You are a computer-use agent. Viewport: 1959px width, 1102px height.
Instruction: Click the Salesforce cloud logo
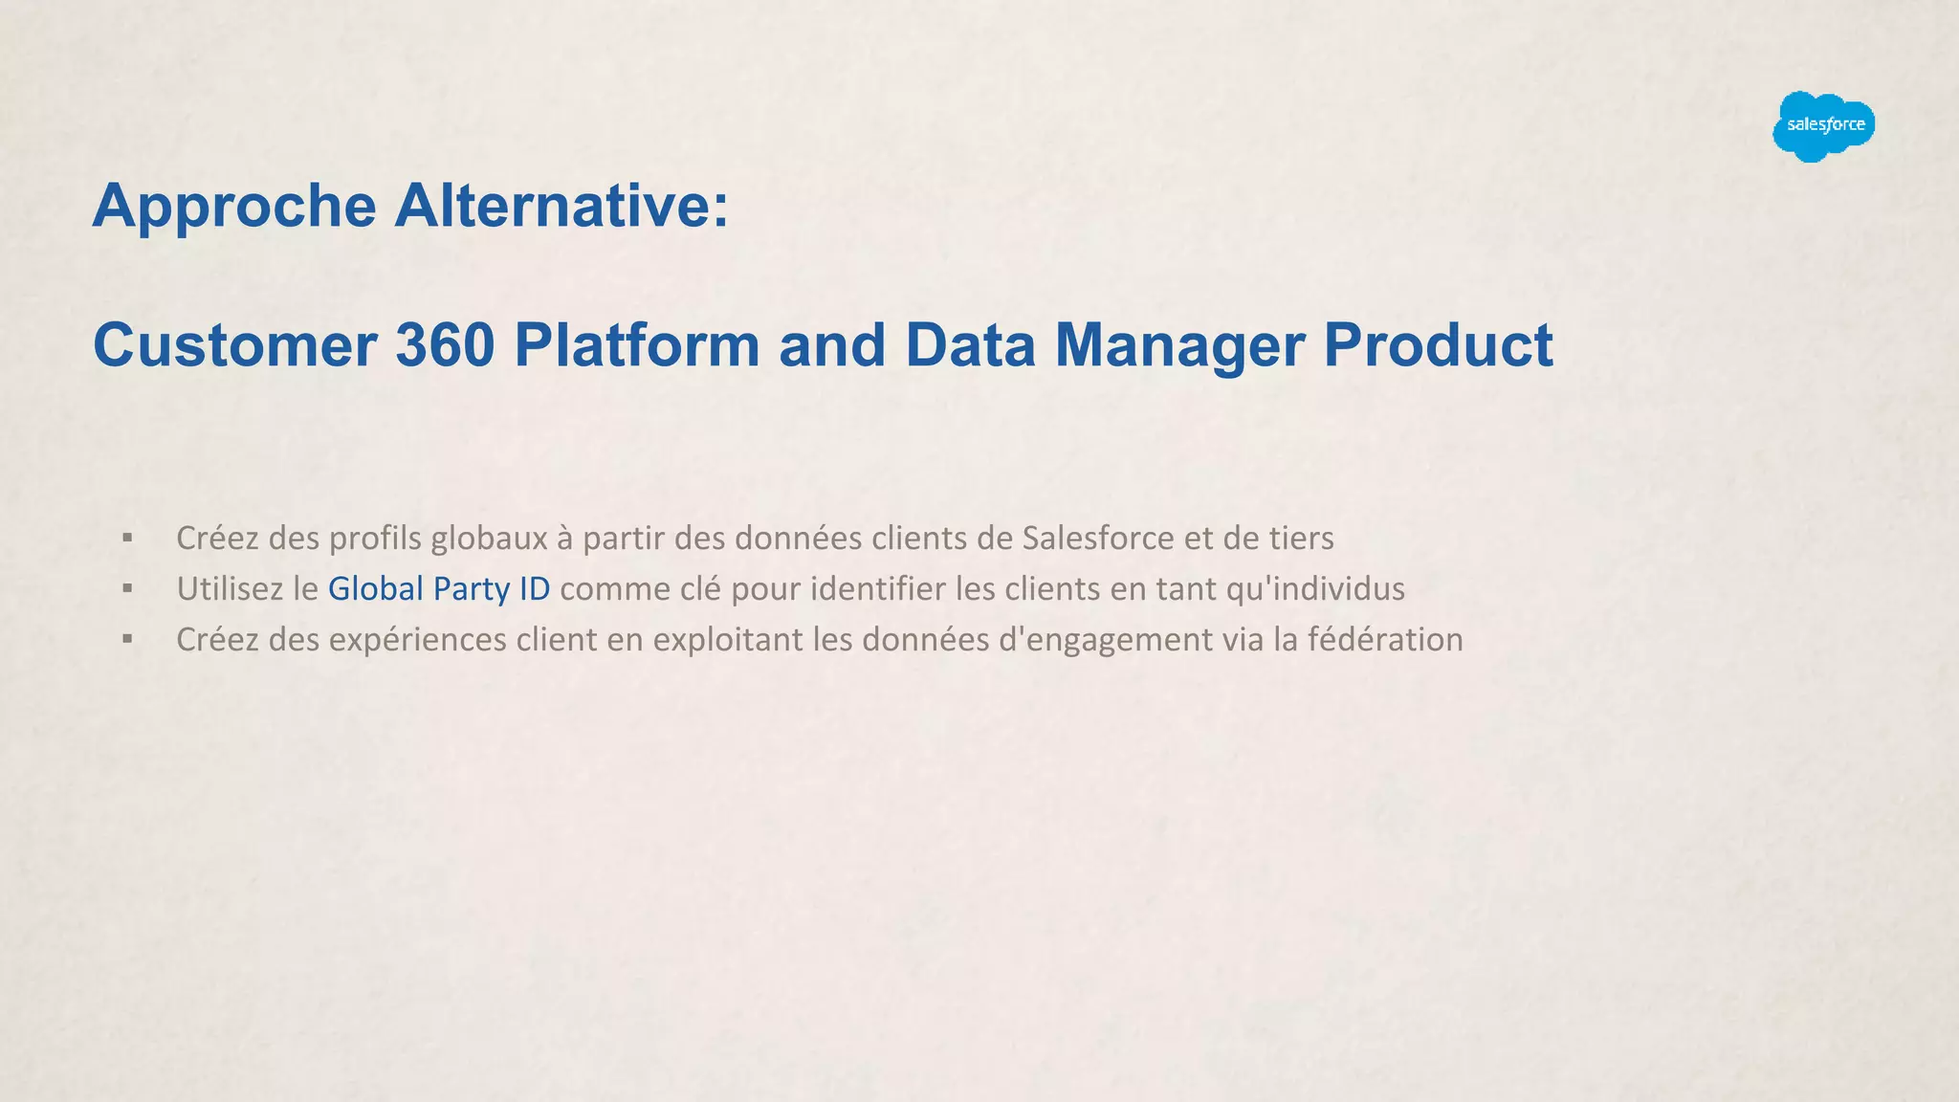(x=1823, y=126)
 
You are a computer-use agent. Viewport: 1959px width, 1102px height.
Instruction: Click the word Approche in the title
(x=234, y=206)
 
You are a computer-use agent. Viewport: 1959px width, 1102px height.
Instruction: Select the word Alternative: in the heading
(x=561, y=206)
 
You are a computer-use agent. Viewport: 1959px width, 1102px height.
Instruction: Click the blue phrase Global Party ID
(x=439, y=589)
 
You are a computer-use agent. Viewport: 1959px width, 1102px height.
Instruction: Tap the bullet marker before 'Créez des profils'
(x=127, y=539)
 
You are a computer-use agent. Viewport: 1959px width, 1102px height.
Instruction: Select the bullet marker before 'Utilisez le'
(x=127, y=589)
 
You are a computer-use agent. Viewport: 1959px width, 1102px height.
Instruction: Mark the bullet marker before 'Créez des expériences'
(x=127, y=640)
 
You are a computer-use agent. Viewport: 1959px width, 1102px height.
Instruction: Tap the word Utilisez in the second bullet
(x=230, y=589)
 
